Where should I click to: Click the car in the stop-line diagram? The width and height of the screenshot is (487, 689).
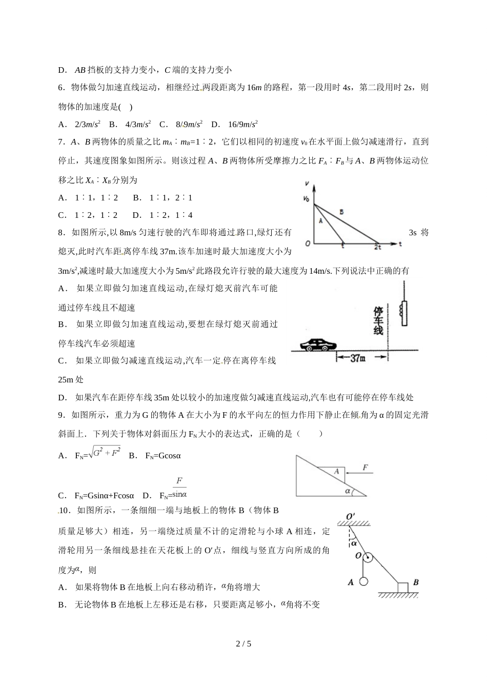point(315,344)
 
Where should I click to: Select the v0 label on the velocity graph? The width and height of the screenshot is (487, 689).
point(307,198)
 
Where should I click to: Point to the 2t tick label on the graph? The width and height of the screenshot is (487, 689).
point(377,247)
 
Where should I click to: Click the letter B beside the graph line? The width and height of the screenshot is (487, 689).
point(341,212)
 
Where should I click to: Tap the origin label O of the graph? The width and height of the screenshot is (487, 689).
point(308,243)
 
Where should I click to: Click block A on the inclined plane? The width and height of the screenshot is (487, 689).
point(337,471)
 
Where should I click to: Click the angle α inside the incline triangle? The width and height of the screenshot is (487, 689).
point(348,491)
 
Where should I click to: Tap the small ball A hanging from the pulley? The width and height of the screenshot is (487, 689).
point(363,581)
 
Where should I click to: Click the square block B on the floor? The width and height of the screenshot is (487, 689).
point(403,586)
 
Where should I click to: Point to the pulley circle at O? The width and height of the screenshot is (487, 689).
point(367,557)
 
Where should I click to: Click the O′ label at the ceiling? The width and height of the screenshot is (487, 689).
point(351,515)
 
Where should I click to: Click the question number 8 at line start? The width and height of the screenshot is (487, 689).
point(61,233)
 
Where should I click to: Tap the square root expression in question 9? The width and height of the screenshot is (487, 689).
point(104,452)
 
